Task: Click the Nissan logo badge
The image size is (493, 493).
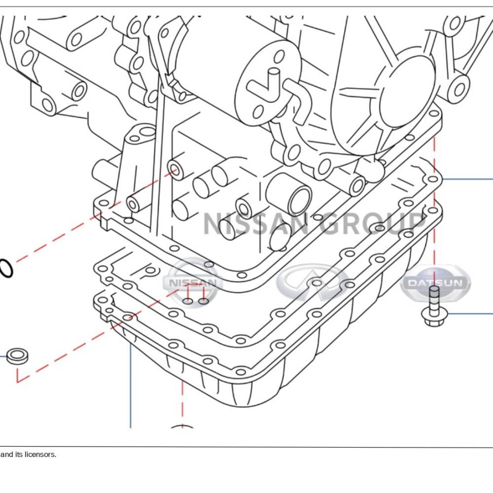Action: pyautogui.click(x=193, y=283)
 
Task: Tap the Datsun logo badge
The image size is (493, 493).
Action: pyautogui.click(x=434, y=283)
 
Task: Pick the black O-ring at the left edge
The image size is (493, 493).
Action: pyautogui.click(x=5, y=267)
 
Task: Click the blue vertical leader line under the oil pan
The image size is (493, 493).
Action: pyautogui.click(x=131, y=385)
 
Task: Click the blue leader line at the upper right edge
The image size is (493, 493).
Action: pyautogui.click(x=468, y=179)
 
